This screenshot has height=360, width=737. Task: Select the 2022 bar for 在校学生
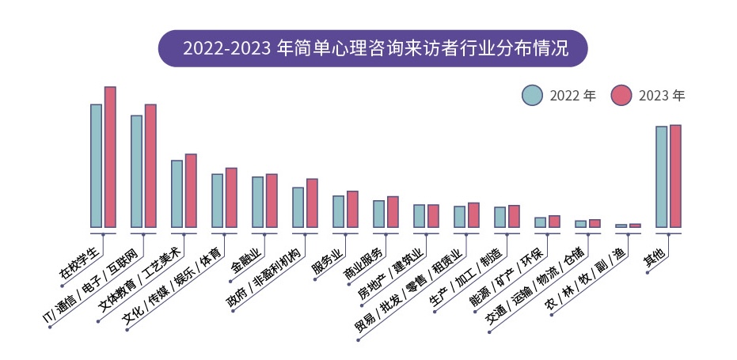coord(96,165)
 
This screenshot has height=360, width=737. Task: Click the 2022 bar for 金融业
coord(257,202)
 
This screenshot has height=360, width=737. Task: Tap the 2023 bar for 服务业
coord(352,209)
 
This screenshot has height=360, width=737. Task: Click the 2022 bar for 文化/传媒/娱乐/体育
coord(217,200)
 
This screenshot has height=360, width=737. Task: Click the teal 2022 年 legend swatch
coord(532,95)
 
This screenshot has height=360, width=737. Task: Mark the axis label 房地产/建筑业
coord(391,273)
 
